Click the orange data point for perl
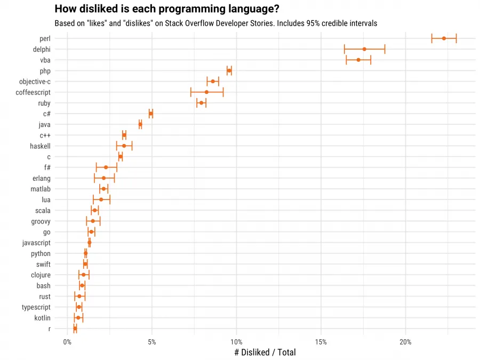pos(444,38)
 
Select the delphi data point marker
pos(364,49)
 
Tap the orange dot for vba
pos(358,60)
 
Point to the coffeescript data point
pos(206,92)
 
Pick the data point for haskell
pos(124,146)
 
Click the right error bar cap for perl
pos(457,38)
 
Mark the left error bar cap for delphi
pos(345,49)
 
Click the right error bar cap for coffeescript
pos(223,92)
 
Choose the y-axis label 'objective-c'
pos(35,82)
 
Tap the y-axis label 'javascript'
pos(36,243)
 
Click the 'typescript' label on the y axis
pos(36,307)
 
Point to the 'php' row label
pos(45,71)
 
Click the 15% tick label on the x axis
pos(321,341)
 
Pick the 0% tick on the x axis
pos(67,341)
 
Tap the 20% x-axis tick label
pos(405,341)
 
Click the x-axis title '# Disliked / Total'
pos(265,352)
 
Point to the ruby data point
pos(201,103)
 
